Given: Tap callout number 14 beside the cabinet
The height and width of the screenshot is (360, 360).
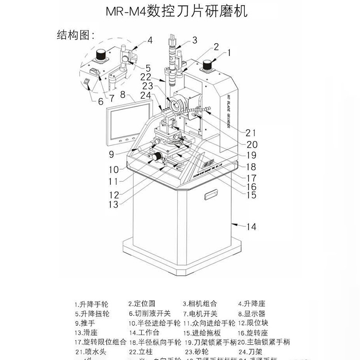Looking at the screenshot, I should [251, 227].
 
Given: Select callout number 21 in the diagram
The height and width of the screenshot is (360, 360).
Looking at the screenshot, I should [251, 132].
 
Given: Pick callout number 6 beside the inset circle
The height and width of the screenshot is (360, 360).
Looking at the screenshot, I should [100, 101].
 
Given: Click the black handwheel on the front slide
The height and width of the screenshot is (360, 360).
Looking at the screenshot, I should [157, 157].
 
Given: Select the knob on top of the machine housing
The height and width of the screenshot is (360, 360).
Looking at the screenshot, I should [208, 65].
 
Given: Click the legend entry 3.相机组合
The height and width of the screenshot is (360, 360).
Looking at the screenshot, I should [199, 304].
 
